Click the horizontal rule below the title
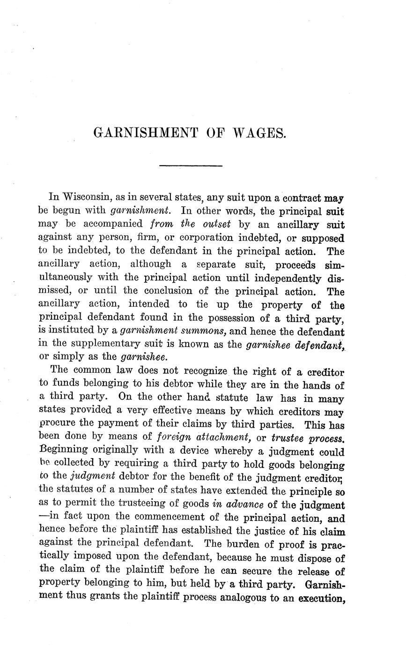click(191, 166)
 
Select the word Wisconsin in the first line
click(87, 197)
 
